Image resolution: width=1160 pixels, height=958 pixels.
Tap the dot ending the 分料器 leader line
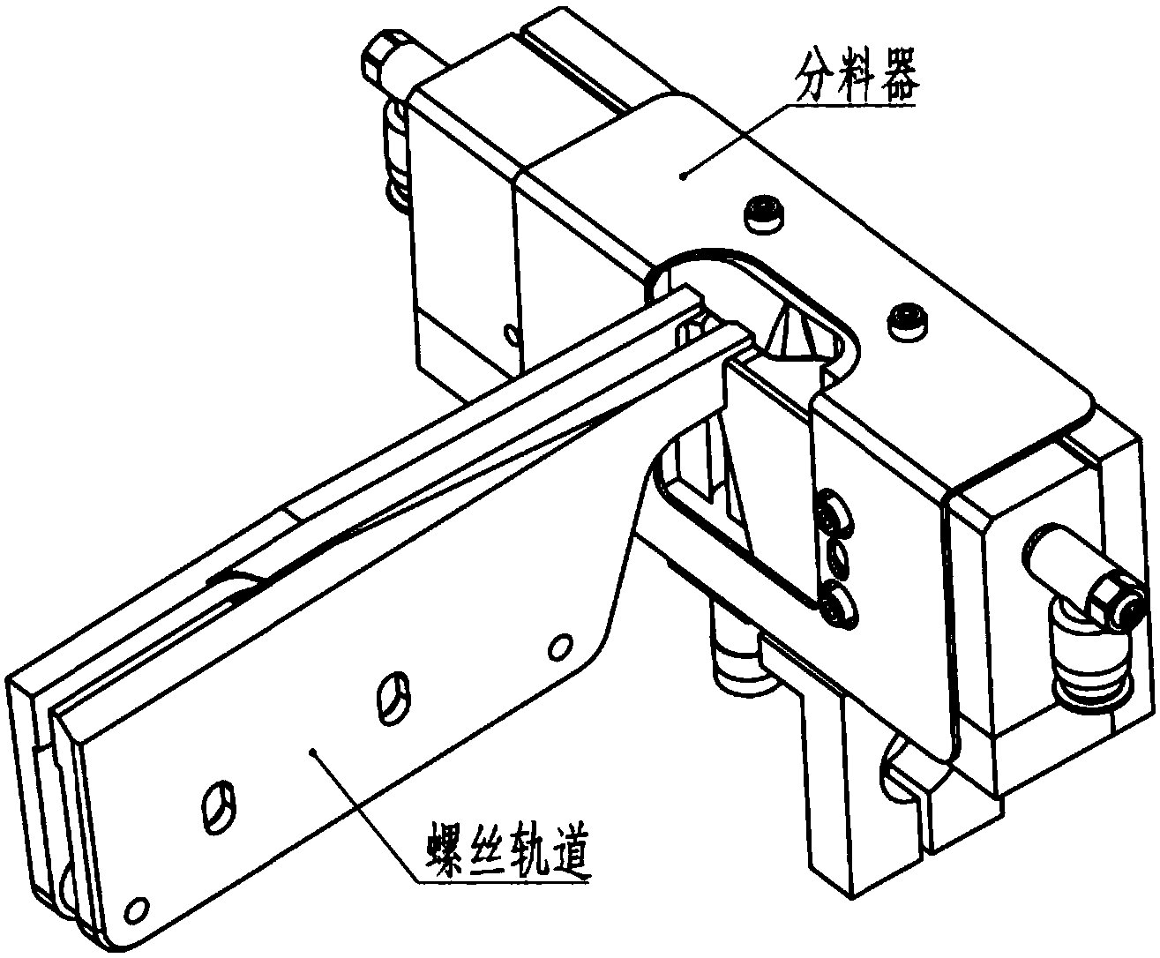[685, 176]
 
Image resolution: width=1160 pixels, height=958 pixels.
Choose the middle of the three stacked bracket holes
[835, 557]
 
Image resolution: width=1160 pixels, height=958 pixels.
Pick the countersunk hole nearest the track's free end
[218, 804]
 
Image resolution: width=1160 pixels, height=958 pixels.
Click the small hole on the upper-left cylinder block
[509, 334]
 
